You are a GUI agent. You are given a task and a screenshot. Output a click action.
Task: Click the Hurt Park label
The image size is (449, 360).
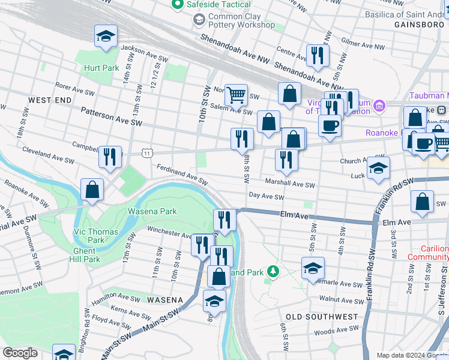pos(101,68)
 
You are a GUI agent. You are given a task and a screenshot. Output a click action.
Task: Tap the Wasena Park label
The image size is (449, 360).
pos(152,211)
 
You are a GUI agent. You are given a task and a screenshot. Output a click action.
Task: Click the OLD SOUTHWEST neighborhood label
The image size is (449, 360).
pos(322,317)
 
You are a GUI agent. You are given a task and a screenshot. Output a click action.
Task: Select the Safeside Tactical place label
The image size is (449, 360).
pos(220,5)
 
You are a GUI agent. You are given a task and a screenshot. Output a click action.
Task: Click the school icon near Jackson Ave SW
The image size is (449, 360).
pos(106,36)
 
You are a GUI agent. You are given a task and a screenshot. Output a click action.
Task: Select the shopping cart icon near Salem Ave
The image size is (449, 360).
pos(237,94)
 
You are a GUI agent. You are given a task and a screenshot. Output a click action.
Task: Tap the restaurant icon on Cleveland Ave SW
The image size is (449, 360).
pos(110,157)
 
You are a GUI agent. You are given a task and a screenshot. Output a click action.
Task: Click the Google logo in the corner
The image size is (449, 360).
pos(20,353)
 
